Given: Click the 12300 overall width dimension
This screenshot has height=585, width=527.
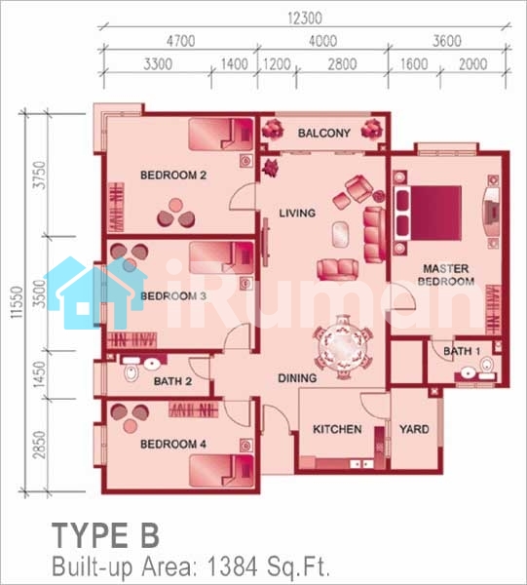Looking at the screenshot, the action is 305,19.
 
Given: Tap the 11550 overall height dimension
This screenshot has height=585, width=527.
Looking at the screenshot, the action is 17,302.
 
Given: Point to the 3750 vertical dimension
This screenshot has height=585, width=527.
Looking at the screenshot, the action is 40,175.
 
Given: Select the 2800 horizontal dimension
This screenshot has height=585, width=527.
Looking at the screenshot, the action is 342,64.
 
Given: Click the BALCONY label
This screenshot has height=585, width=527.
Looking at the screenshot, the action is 323,133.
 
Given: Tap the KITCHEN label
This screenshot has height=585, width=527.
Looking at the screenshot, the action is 337,429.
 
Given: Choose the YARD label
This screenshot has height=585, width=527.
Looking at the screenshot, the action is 414,429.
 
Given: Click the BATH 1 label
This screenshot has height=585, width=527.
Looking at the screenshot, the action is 462,351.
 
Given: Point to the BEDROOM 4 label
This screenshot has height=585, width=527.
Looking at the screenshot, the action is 173,444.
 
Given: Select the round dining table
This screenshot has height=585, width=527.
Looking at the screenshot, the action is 343,348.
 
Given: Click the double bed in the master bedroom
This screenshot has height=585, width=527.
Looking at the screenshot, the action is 429,213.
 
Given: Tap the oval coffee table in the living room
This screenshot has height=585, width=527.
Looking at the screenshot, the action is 341,234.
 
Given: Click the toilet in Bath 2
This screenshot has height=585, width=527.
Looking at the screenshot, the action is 131,373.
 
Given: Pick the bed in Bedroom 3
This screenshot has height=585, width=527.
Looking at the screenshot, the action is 221,257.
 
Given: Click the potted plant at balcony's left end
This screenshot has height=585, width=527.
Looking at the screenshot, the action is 272,129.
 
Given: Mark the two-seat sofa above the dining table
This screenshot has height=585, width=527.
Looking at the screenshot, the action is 338,269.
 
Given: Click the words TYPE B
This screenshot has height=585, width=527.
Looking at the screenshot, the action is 106,535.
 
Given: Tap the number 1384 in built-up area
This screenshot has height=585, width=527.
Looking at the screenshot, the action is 232,566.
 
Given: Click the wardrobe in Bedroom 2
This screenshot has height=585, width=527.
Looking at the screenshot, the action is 116,207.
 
